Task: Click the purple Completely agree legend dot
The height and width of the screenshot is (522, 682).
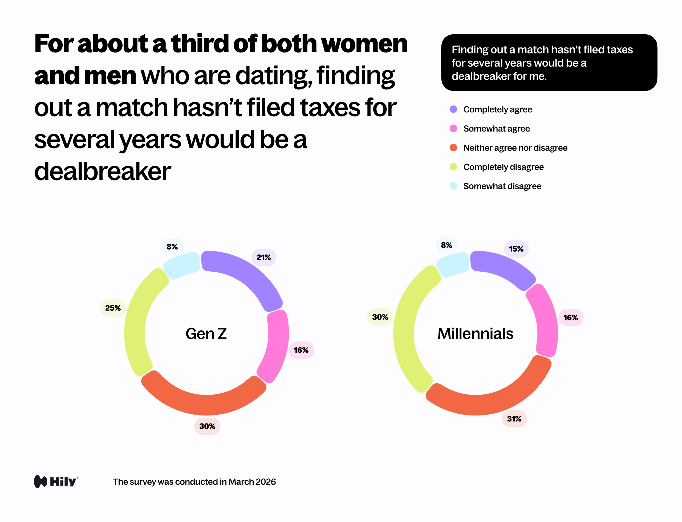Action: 453,109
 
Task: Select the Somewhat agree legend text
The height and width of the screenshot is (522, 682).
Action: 496,129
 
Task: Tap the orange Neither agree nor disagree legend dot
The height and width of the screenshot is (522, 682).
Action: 453,148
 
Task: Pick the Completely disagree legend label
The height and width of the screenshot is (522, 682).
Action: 503,167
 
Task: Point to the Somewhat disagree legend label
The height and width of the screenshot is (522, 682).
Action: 502,186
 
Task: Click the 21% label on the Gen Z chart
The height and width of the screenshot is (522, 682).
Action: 263,257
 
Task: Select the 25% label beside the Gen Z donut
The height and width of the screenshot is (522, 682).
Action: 113,308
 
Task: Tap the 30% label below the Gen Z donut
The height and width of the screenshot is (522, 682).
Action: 207,426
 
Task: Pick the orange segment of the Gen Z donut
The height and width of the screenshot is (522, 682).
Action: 204,404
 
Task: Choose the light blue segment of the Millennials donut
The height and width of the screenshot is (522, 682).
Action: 452,264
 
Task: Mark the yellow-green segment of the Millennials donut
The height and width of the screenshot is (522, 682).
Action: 407,329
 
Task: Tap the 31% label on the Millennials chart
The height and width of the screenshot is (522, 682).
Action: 514,419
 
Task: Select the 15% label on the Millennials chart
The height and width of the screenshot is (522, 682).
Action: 516,248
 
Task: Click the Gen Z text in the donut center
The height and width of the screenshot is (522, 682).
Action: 206,334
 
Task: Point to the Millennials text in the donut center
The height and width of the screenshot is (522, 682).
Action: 475,334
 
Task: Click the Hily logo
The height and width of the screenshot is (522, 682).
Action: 56,482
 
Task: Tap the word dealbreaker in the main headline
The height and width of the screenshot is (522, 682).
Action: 103,172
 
